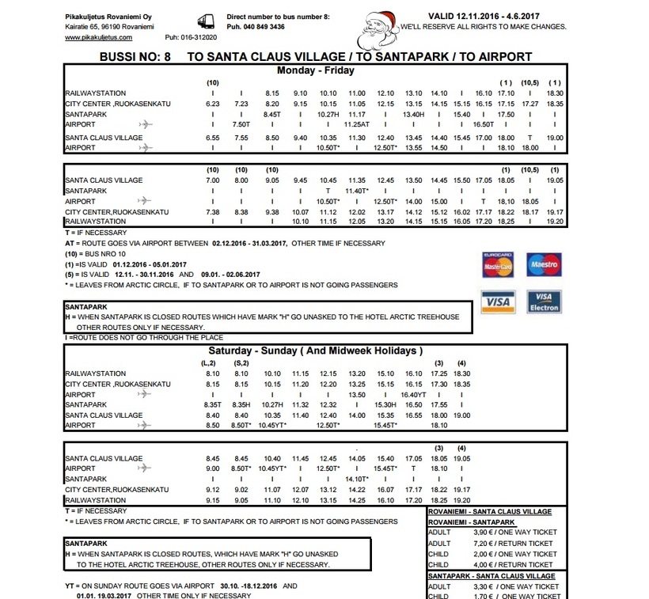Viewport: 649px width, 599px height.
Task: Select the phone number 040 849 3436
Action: (x=256, y=26)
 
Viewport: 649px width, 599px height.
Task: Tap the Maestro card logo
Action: (x=543, y=264)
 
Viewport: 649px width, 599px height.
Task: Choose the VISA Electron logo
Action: (x=543, y=301)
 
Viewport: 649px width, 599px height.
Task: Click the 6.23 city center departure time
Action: (x=212, y=104)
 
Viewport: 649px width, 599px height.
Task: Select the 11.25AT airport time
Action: (x=358, y=124)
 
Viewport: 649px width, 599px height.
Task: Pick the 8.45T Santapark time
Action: (x=272, y=114)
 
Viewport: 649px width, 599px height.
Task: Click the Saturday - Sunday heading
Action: (x=315, y=351)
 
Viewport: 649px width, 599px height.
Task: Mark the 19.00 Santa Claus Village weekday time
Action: (x=555, y=138)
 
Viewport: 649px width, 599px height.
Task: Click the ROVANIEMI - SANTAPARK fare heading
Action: (x=471, y=522)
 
